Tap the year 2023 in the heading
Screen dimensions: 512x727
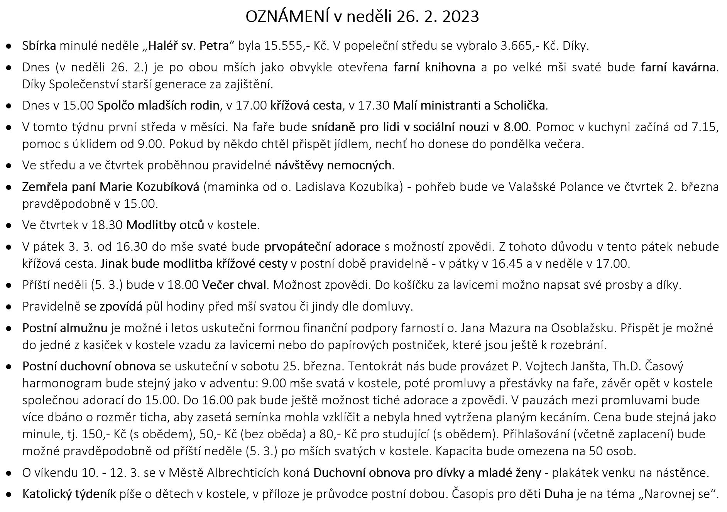coord(459,17)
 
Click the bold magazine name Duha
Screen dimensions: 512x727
coord(558,494)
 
